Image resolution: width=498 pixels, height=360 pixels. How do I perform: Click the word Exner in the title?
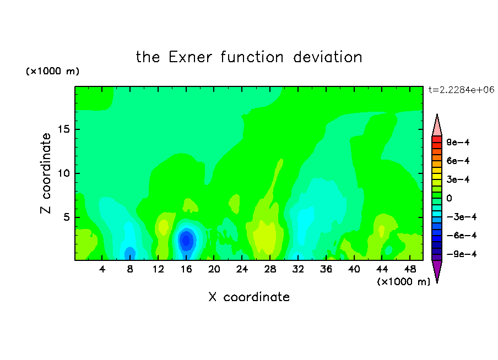click(190, 57)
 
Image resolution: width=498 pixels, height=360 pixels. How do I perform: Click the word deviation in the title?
click(328, 57)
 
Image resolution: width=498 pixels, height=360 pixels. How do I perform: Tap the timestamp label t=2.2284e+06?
click(461, 90)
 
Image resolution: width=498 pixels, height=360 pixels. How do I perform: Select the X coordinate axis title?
click(249, 297)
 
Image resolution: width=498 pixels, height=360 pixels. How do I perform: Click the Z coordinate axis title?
click(46, 173)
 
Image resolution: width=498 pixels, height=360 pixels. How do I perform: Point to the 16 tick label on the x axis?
click(186, 269)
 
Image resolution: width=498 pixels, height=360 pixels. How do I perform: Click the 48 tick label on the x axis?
click(410, 269)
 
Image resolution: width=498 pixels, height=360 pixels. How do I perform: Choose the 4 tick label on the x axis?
click(102, 269)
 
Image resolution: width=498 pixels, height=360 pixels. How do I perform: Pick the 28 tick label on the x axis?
click(270, 269)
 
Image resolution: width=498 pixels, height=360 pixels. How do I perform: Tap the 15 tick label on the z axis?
click(64, 129)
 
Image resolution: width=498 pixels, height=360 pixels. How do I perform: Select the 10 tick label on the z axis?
click(64, 173)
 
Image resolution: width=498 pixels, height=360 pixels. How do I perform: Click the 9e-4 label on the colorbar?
click(458, 142)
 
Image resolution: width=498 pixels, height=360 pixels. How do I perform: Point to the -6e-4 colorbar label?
click(462, 236)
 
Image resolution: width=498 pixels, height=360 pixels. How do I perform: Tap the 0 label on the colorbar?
click(449, 198)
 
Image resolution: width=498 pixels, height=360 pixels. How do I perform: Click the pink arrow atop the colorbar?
click(437, 126)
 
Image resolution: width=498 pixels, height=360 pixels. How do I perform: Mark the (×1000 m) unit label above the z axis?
click(52, 71)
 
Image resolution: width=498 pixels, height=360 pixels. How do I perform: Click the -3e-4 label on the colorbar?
click(462, 217)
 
